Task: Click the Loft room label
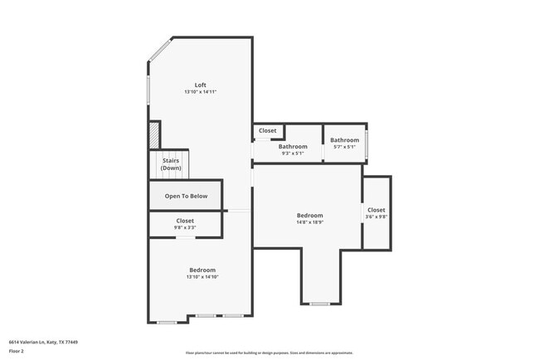(200, 85)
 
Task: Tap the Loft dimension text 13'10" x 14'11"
(200, 92)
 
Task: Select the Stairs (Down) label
(171, 164)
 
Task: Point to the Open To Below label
(186, 197)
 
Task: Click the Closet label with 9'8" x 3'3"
(185, 221)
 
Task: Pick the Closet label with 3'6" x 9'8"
(376, 211)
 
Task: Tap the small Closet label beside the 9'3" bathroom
(268, 130)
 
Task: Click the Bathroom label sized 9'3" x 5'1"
(293, 147)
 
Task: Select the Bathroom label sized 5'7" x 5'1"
(344, 140)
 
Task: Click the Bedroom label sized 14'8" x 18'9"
(309, 216)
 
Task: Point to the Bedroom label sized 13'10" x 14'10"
(202, 270)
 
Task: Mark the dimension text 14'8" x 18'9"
(309, 223)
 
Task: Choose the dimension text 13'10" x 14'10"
(202, 278)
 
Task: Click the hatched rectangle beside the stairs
(153, 135)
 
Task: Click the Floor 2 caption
(17, 352)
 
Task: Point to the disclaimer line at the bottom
(269, 353)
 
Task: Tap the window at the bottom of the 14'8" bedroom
(319, 304)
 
